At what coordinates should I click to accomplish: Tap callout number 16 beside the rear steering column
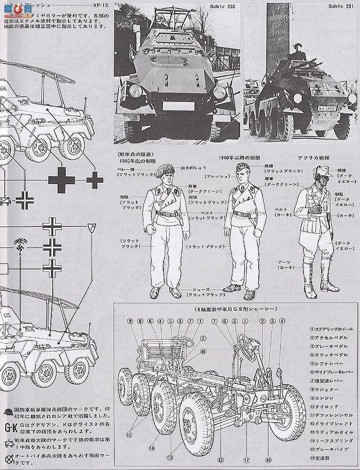(x=204, y=351)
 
